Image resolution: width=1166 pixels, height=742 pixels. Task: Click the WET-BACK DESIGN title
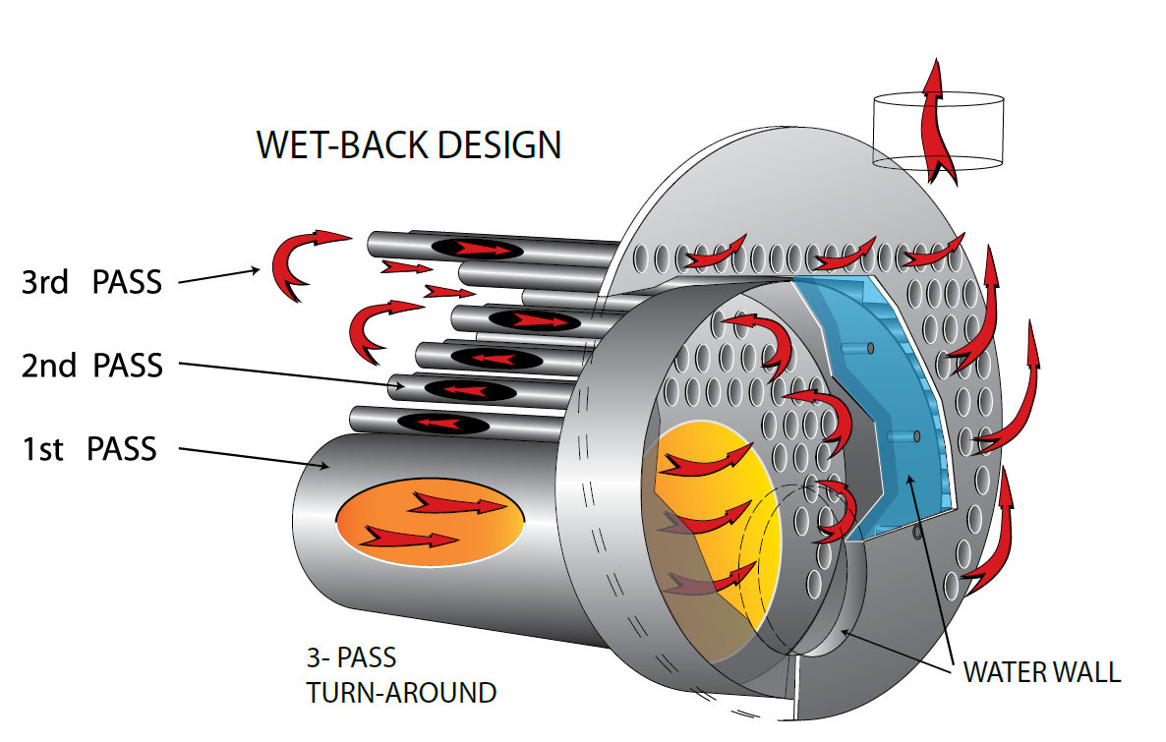click(408, 145)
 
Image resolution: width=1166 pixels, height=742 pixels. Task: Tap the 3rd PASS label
click(91, 282)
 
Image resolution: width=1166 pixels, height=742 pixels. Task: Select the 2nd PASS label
click(91, 366)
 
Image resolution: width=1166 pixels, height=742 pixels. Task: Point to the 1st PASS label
click(89, 449)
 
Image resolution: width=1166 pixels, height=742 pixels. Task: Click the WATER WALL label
click(1041, 672)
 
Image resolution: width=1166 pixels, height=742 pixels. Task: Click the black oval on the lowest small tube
click(445, 424)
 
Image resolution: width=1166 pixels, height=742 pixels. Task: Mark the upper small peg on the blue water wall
click(870, 347)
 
